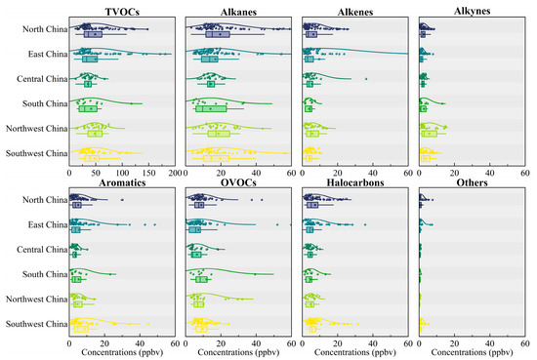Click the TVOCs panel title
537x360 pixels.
pos(122,11)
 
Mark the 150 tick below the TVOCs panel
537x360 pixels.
pos(147,172)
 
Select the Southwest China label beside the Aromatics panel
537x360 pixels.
pos(35,323)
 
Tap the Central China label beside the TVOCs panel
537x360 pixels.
pos(41,79)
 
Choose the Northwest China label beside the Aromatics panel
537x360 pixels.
pos(35,298)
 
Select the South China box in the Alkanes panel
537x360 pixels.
pos(211,108)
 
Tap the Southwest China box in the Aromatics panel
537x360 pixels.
pos(80,329)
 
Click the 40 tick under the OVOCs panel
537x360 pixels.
pos(257,342)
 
